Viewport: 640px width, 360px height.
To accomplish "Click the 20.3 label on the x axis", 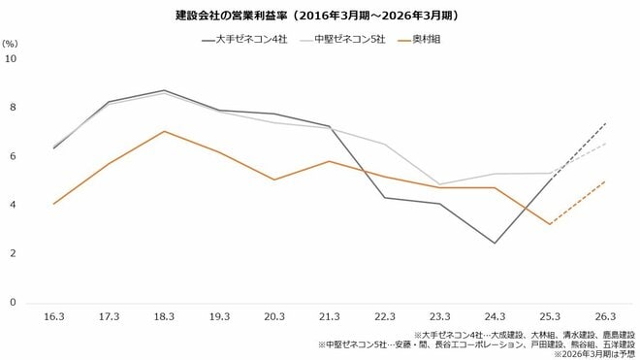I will tap(274, 316).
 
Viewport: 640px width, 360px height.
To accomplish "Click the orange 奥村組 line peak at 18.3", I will tap(164, 131).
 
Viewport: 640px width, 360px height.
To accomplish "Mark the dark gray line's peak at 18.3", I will tap(164, 90).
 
